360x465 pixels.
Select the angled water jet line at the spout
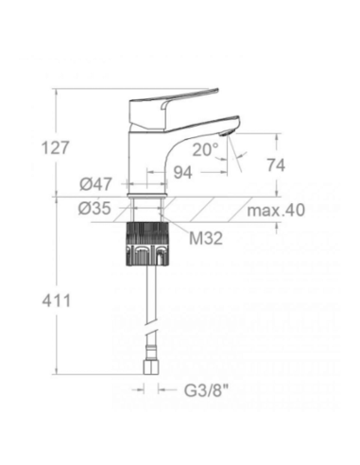[x=237, y=156]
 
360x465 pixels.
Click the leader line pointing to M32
[x=178, y=230]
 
